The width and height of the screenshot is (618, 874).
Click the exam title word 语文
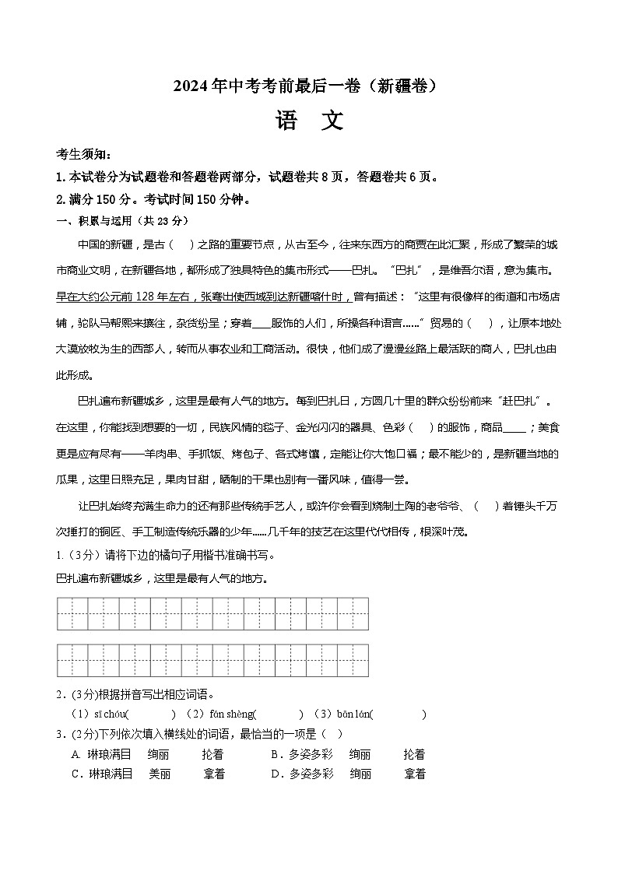[308, 121]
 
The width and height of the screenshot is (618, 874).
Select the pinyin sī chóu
[109, 714]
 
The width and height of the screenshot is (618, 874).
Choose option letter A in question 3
[76, 754]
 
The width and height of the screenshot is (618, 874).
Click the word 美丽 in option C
[160, 774]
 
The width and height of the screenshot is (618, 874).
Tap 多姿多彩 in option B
[311, 754]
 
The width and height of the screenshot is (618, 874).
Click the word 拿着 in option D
[415, 774]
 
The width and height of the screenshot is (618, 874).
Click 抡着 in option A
[212, 754]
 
